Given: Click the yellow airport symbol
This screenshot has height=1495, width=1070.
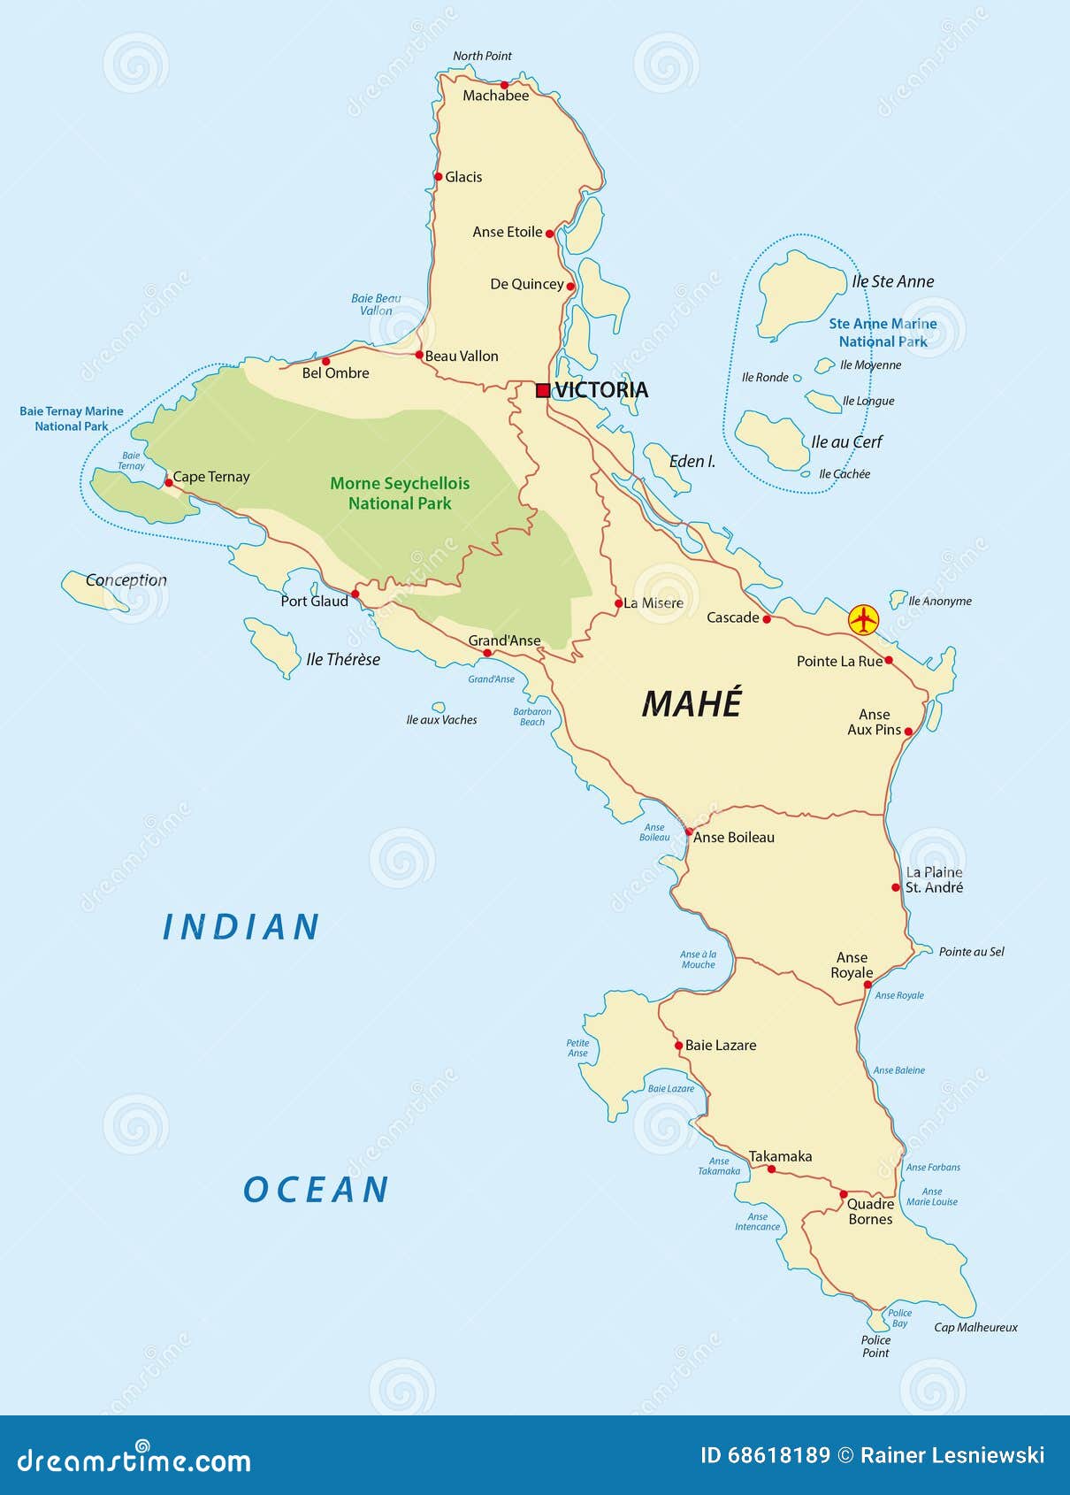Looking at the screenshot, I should (863, 619).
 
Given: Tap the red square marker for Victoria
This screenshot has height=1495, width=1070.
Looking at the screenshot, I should (543, 390).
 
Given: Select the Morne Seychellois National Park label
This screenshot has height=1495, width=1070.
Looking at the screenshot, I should (400, 494).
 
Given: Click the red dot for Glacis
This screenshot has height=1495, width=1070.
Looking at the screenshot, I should (439, 177).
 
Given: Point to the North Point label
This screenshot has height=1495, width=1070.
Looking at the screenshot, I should (482, 56).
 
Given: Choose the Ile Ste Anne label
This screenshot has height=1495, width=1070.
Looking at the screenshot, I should (893, 281).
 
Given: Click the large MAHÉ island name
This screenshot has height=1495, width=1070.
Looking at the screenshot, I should (692, 704).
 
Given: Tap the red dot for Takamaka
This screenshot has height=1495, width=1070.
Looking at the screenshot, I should (771, 1169).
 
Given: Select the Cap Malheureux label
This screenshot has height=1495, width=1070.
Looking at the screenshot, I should (975, 1327).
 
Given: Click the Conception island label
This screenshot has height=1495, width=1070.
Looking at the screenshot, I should (126, 580).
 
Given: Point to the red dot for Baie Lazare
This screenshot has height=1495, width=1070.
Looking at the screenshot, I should (678, 1046).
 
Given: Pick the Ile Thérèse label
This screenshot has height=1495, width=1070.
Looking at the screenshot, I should (343, 659).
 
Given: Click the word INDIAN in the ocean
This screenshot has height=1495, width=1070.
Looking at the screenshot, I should (241, 927).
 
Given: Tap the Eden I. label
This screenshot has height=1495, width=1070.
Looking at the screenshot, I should (692, 461).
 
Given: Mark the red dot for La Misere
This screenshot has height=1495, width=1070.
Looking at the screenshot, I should (619, 603).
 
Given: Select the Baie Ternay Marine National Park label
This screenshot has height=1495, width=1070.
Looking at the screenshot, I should (72, 418).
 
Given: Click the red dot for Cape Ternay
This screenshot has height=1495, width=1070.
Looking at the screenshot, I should (169, 482).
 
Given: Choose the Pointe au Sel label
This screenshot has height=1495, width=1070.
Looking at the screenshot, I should (971, 952).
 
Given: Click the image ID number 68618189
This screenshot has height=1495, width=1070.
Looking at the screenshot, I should (779, 1455).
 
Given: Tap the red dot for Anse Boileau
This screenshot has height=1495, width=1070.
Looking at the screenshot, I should (689, 832).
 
